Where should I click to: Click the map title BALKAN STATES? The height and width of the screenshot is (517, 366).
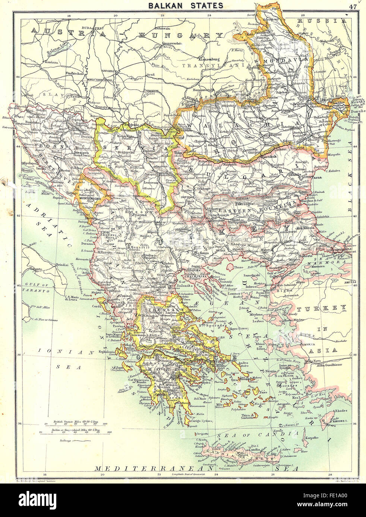186,5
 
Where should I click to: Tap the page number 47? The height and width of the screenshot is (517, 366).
353,6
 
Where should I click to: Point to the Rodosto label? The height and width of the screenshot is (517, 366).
307,257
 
